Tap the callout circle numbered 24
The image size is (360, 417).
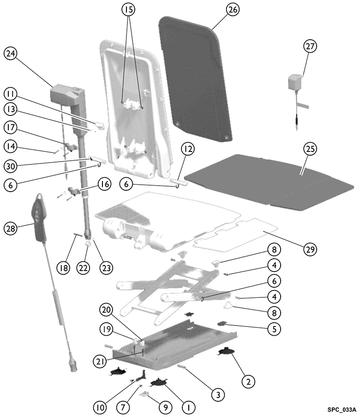(10, 54)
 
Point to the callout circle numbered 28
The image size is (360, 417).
(10, 228)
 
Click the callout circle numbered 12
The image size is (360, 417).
(188, 149)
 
